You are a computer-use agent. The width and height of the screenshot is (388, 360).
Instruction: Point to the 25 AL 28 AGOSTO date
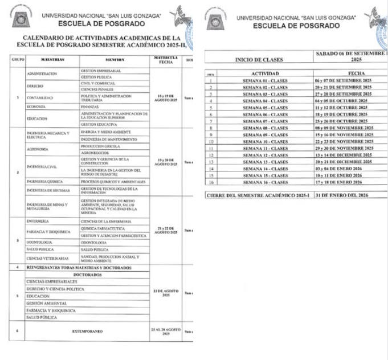(166, 330)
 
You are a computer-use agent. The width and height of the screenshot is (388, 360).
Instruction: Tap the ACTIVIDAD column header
(264, 74)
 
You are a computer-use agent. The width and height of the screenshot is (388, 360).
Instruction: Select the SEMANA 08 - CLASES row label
(265, 129)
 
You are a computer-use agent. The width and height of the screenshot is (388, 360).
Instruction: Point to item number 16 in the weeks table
(211, 182)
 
